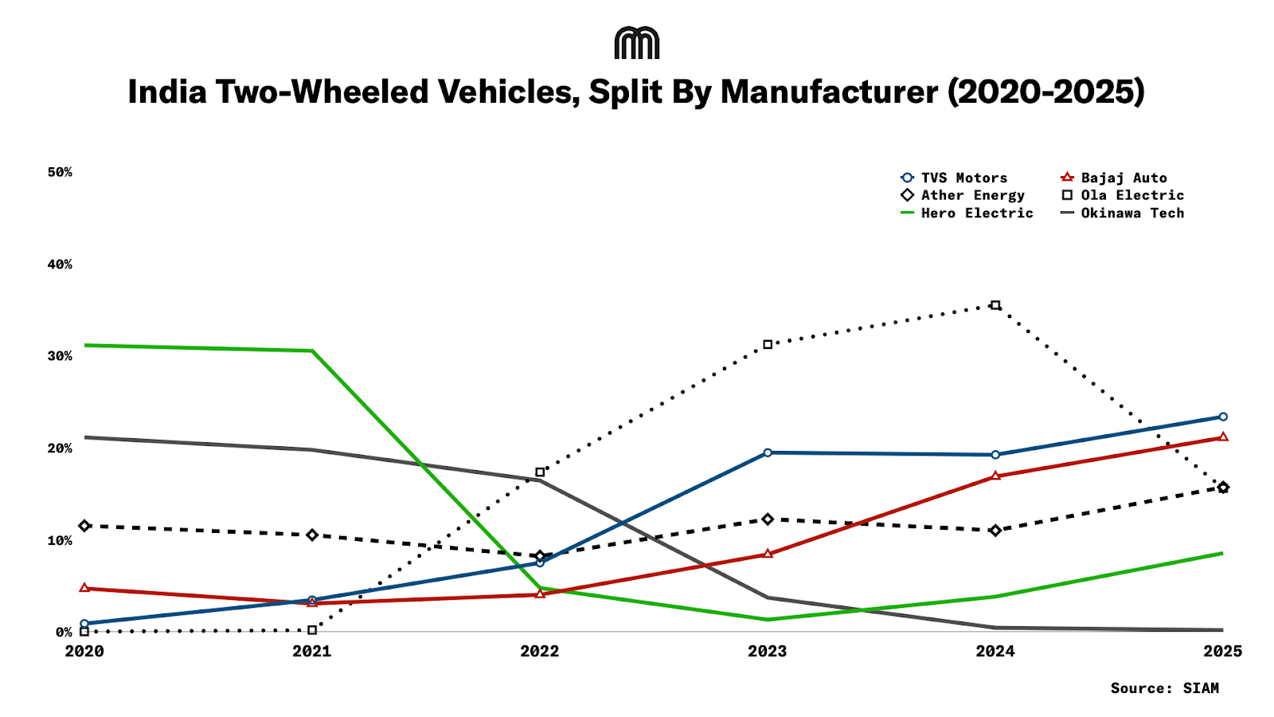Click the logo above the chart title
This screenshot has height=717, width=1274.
tap(637, 43)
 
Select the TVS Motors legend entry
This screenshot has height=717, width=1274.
tap(955, 178)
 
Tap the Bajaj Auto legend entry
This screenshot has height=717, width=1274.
tap(1115, 178)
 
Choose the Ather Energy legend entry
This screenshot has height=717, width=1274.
tap(963, 195)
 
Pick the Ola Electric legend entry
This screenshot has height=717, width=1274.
tap(1123, 195)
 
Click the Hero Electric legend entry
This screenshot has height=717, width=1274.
tap(967, 213)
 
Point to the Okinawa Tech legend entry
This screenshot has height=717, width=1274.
tap(1123, 213)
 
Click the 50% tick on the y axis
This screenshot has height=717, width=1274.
tap(60, 172)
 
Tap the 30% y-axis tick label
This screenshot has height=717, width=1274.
tap(60, 356)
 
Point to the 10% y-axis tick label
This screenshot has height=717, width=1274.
tap(60, 540)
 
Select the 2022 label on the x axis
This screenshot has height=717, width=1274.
tap(540, 651)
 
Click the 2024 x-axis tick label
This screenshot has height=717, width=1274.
tap(995, 651)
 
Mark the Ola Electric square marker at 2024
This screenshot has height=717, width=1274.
tap(995, 305)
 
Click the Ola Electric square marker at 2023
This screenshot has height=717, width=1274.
tap(768, 345)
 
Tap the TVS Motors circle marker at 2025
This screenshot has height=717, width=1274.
tap(1223, 417)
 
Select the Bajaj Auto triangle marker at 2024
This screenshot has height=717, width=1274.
tap(995, 476)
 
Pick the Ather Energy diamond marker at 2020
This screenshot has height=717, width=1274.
tap(84, 526)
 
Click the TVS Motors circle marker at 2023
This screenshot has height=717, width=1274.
tap(768, 453)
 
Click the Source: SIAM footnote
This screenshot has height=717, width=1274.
tap(1164, 688)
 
